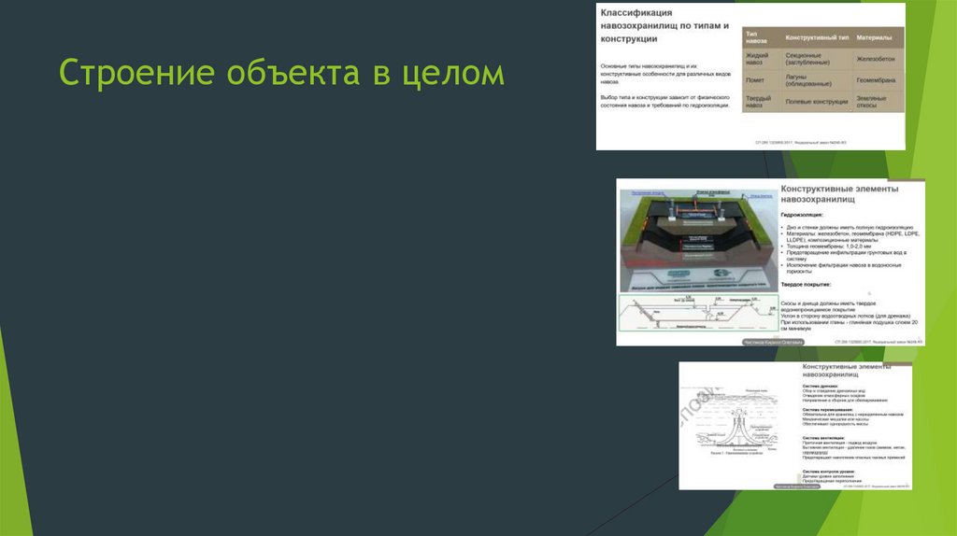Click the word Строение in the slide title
click(122, 74)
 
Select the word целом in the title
click(453, 74)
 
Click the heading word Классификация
click(636, 13)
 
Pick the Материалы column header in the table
click(875, 37)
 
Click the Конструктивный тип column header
click(817, 37)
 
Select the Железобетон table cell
click(876, 58)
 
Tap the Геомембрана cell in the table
click(876, 80)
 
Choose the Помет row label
click(754, 80)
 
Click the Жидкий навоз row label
click(754, 58)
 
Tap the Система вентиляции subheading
click(822, 437)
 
